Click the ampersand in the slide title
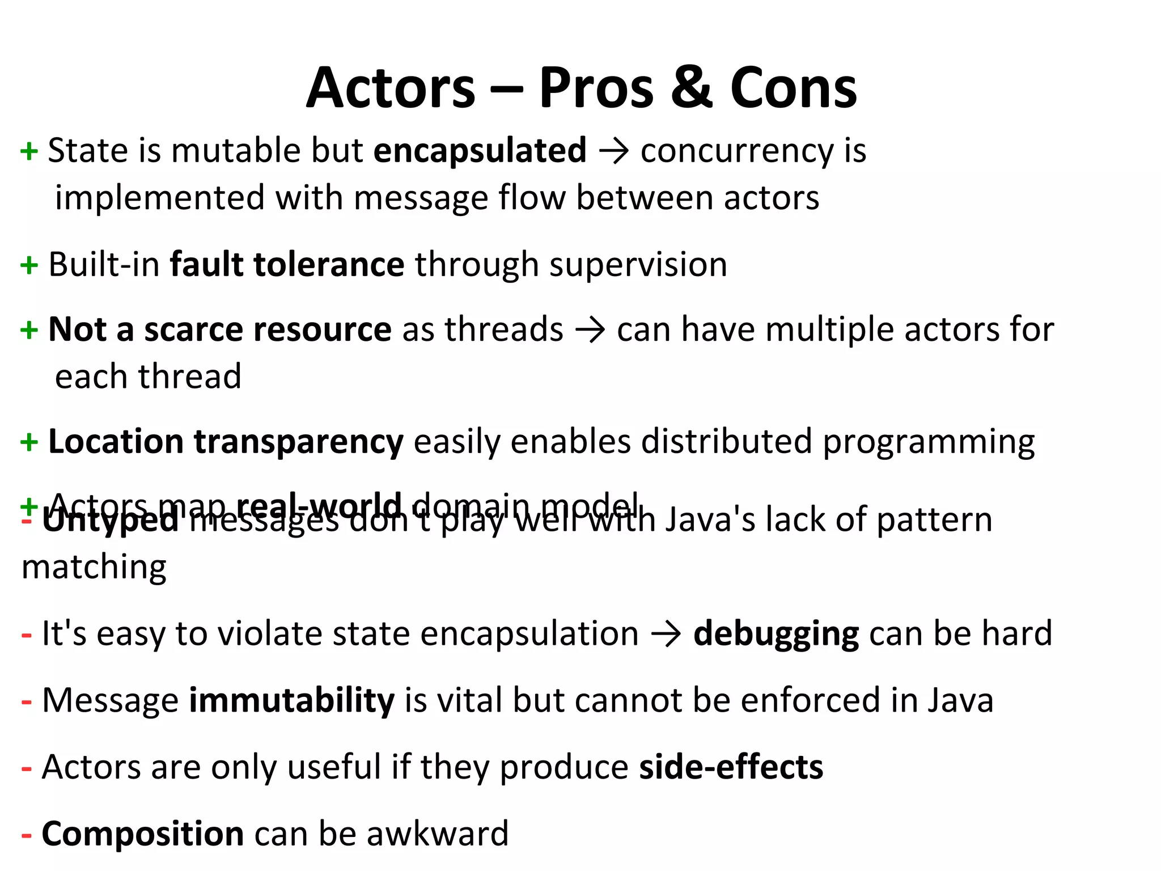coord(691,88)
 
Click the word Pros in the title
coord(596,88)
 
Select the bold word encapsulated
coord(480,151)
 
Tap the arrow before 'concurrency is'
coord(613,152)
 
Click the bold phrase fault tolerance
coord(287,265)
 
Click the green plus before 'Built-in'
coord(29,265)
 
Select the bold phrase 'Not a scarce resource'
coord(219,329)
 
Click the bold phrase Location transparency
coord(226,442)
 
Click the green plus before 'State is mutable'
coord(29,151)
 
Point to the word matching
coord(94,568)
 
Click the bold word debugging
coord(776,634)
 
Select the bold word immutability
coord(291,700)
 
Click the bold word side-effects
coord(731,767)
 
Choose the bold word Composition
coord(143,834)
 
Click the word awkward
coord(437,834)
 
